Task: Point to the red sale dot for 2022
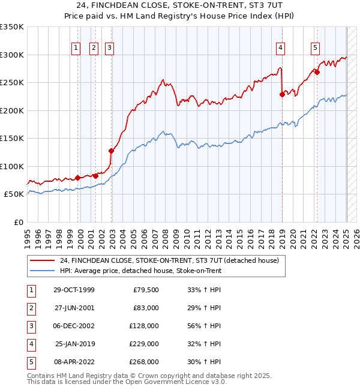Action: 317,73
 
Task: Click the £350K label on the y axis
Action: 12,27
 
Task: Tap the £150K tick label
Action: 12,138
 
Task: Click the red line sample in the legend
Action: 42,261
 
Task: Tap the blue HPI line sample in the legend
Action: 42,271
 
